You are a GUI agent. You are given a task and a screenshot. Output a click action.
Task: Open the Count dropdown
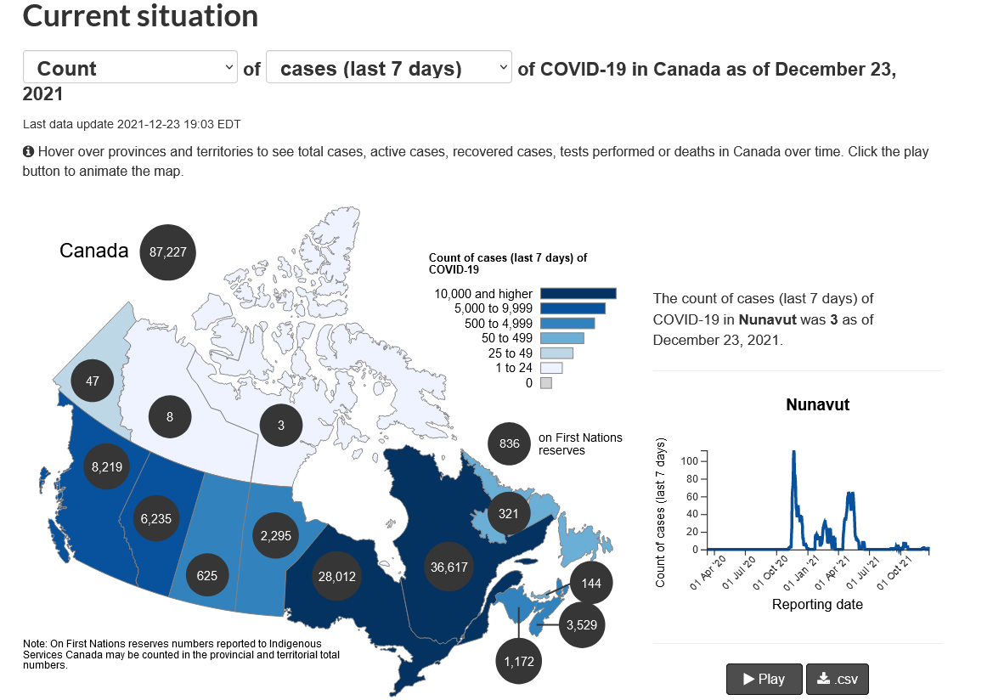click(130, 67)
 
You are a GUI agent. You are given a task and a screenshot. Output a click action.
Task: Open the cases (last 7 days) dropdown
click(389, 67)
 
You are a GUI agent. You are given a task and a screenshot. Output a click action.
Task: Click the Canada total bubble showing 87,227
click(168, 252)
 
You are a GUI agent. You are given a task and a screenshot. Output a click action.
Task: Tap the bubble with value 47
click(93, 381)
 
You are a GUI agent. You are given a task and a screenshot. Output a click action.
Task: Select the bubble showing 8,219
click(107, 467)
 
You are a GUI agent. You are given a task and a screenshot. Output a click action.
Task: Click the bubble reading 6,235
click(156, 519)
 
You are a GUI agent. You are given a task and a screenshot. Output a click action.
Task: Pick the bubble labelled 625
click(207, 576)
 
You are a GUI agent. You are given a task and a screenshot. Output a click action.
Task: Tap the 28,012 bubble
click(337, 577)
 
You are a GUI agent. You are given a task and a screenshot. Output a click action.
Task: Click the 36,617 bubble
click(449, 567)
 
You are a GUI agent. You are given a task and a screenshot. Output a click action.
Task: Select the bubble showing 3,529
click(582, 625)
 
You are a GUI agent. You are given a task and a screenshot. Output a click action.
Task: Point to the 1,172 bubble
click(519, 662)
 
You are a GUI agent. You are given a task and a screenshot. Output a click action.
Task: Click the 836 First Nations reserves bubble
click(509, 443)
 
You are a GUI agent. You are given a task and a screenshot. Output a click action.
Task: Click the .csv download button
click(838, 679)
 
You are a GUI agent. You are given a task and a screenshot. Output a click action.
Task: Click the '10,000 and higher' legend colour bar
click(578, 293)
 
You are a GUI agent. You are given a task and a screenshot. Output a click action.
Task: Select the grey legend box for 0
click(546, 382)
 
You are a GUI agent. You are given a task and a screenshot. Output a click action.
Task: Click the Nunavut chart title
click(817, 405)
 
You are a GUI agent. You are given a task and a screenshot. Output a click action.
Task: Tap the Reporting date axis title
click(817, 604)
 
